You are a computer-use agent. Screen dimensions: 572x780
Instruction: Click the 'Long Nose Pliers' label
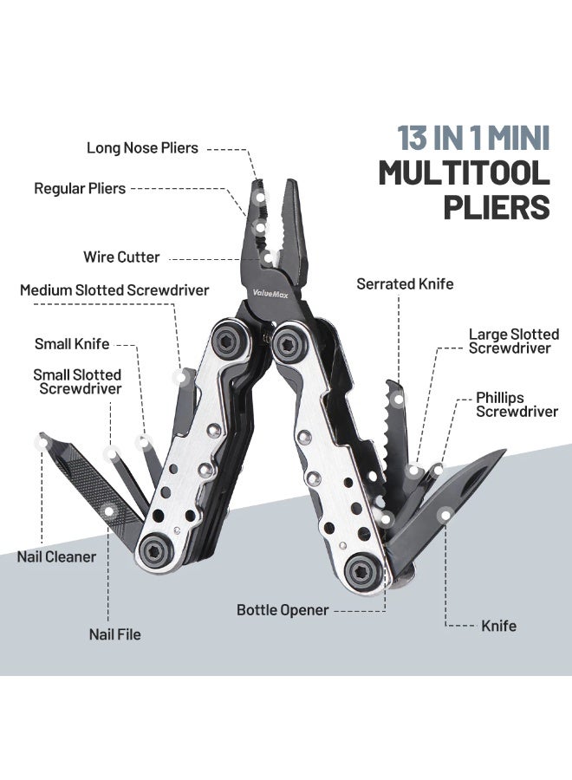pos(142,147)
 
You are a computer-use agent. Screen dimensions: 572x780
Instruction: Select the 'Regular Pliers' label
pos(80,189)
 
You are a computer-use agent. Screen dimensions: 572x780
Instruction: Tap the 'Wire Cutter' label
pos(121,257)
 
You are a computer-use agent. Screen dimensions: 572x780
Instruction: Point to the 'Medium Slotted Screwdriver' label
pos(114,290)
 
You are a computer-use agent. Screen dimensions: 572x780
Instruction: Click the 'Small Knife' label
pos(72,344)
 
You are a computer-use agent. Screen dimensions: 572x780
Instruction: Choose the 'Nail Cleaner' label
pos(56,556)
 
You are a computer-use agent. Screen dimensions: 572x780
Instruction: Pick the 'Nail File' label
pos(115,634)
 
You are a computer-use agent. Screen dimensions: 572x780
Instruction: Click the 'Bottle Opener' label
pos(283,610)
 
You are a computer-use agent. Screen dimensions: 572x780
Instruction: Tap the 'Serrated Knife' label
pos(405,284)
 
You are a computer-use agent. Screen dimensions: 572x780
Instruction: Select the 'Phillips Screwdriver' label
pos(517,405)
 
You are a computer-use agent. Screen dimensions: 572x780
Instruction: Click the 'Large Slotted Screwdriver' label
pos(514,341)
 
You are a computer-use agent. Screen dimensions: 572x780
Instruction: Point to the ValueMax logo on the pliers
pos(270,294)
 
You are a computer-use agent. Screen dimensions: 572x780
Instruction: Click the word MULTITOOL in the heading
pos(464,173)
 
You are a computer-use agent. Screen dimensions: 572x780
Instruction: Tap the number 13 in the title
pos(413,138)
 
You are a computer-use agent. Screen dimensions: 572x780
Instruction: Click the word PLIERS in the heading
pos(497,207)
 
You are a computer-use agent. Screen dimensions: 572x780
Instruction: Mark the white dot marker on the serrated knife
pos(398,399)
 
